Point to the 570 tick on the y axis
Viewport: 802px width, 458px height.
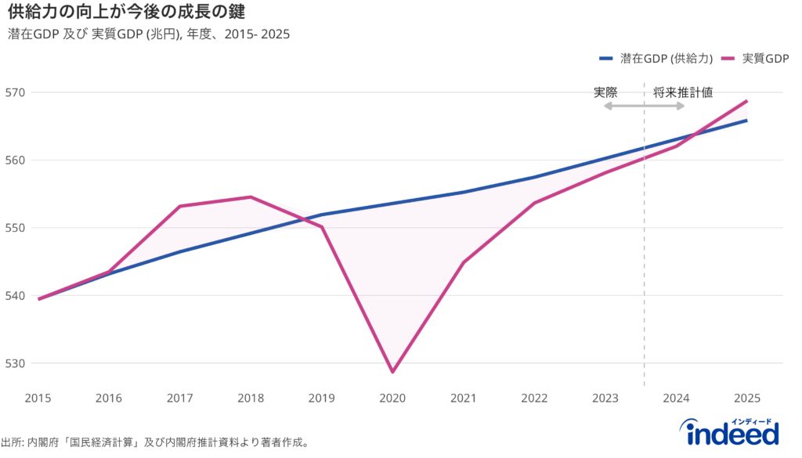click(x=14, y=92)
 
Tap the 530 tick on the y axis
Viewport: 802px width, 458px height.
click(x=14, y=363)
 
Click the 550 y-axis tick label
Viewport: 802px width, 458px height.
click(x=14, y=228)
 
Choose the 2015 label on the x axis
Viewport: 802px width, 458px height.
click(x=38, y=398)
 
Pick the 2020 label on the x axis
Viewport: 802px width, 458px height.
click(x=392, y=398)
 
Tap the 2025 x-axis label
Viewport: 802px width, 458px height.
click(x=746, y=398)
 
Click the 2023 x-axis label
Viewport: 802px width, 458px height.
click(x=605, y=398)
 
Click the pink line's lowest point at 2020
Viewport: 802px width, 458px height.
click(x=392, y=372)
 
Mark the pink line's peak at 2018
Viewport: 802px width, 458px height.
click(x=251, y=197)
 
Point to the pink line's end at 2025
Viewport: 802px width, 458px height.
click(x=746, y=101)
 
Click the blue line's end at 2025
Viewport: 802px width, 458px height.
click(x=746, y=121)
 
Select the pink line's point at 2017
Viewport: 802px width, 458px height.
click(x=180, y=206)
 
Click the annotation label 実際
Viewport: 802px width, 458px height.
click(x=605, y=92)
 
